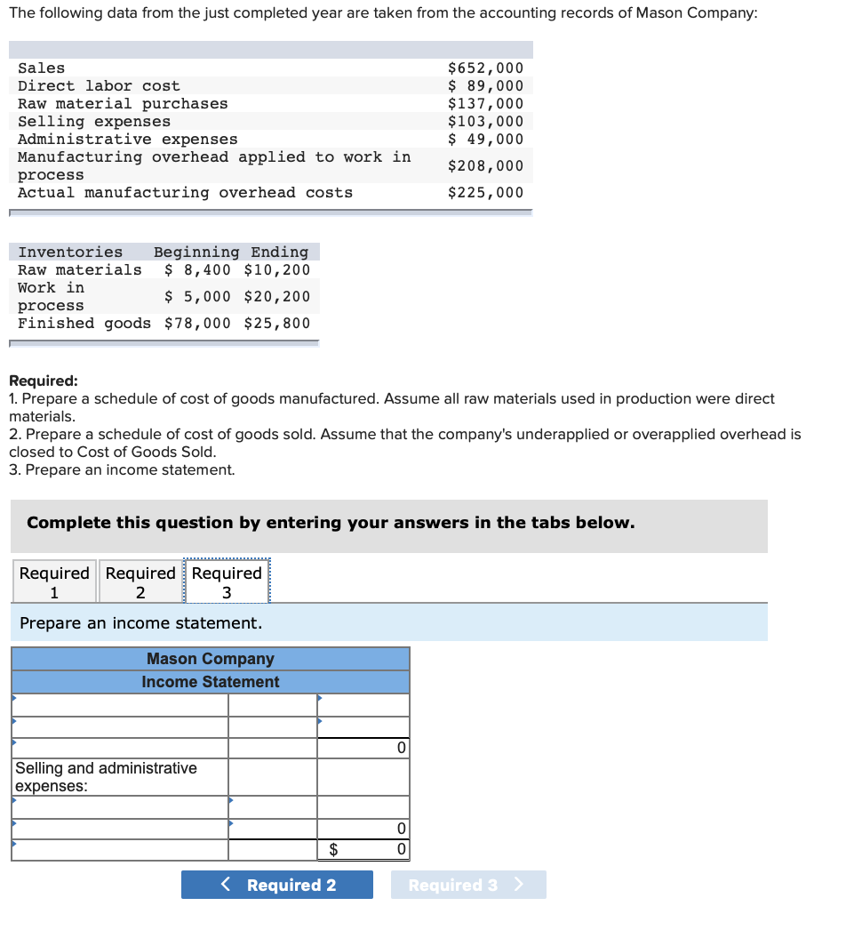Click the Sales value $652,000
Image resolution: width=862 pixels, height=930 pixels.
click(485, 68)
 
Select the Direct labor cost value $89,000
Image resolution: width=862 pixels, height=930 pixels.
click(485, 86)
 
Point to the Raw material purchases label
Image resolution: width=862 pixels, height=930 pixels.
click(123, 104)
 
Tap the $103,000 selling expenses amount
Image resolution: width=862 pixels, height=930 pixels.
click(485, 122)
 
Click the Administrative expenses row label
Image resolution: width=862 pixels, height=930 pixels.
click(128, 140)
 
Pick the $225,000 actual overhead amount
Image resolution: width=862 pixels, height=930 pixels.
click(485, 193)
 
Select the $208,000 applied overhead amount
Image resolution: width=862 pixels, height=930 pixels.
click(485, 166)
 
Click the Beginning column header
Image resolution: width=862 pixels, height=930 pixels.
click(196, 253)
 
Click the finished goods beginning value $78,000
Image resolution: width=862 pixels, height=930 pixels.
click(197, 324)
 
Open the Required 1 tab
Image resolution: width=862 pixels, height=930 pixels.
click(54, 582)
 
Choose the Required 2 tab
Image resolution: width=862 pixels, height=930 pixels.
click(140, 582)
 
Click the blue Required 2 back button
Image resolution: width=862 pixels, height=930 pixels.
click(277, 885)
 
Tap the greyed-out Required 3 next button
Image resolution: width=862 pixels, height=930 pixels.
click(467, 885)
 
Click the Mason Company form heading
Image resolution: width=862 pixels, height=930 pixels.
click(211, 659)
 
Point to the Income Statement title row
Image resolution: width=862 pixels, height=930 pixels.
click(211, 682)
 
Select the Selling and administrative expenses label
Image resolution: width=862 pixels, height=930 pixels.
click(106, 776)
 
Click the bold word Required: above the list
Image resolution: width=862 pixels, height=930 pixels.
click(44, 381)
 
